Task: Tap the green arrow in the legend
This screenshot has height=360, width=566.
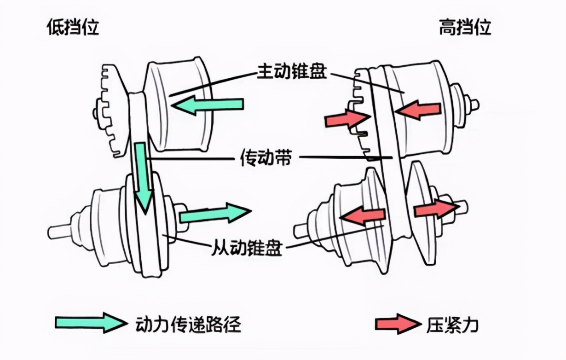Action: tap(90, 323)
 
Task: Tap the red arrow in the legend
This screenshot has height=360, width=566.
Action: tap(395, 324)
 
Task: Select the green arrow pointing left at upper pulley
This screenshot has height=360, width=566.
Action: tap(207, 105)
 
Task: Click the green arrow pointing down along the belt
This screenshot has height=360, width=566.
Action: tap(142, 177)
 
